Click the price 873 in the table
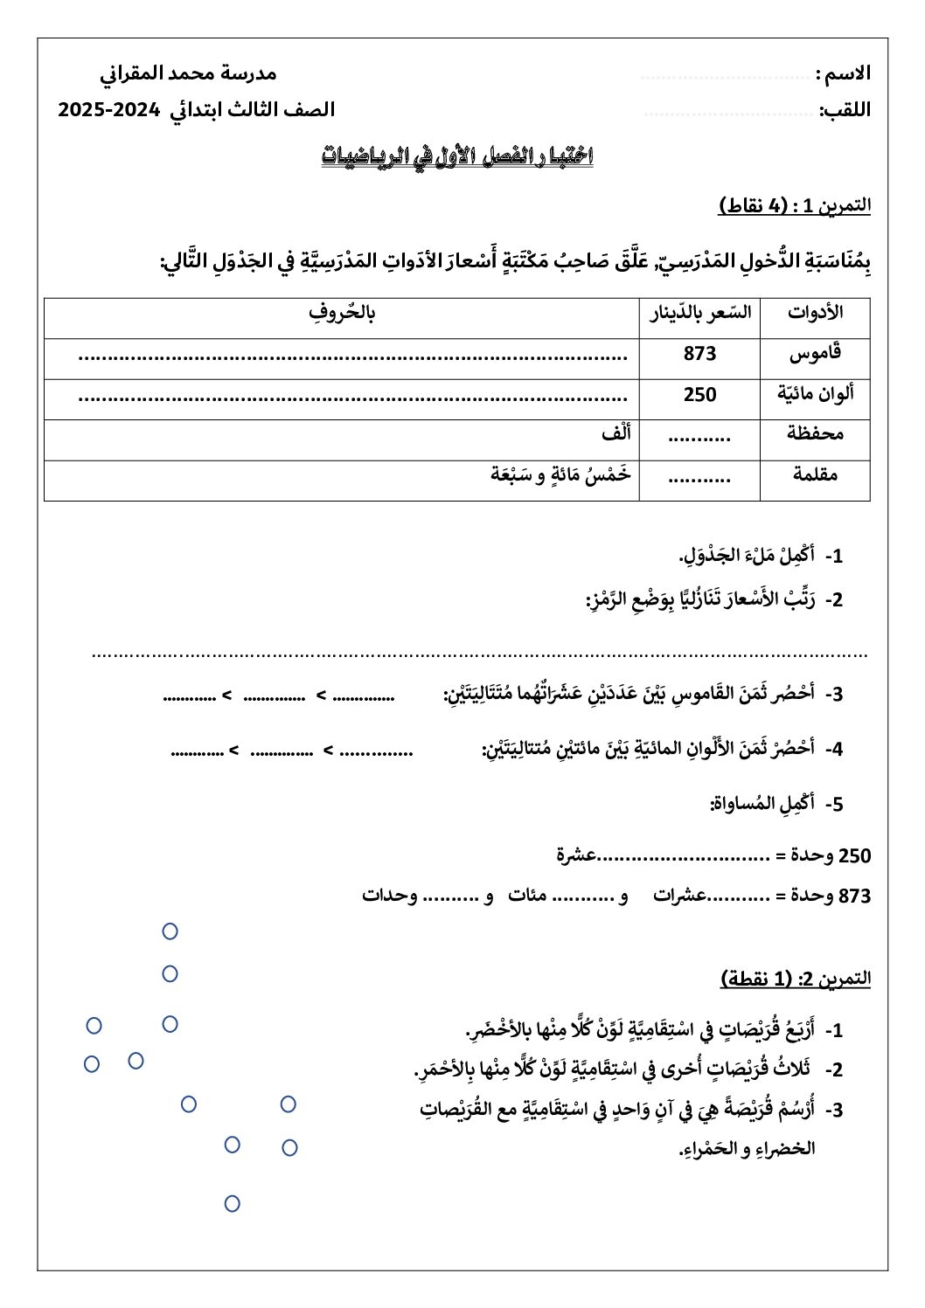tap(699, 354)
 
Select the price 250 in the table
tap(699, 395)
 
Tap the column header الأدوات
tap(815, 313)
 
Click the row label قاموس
tap(815, 354)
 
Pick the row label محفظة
tap(815, 433)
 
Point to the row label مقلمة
tap(815, 474)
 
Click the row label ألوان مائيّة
tap(815, 394)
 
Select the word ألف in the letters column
tap(616, 433)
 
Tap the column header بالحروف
tap(342, 313)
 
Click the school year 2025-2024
tap(109, 110)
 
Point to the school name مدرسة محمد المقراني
tap(188, 73)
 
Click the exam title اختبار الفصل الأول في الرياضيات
tap(457, 157)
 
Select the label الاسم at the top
tap(843, 74)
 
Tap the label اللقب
tap(845, 111)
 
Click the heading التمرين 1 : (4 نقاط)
tap(795, 206)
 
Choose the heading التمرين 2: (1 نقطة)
tap(796, 979)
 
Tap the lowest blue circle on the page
tap(232, 1204)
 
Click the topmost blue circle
tap(170, 931)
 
